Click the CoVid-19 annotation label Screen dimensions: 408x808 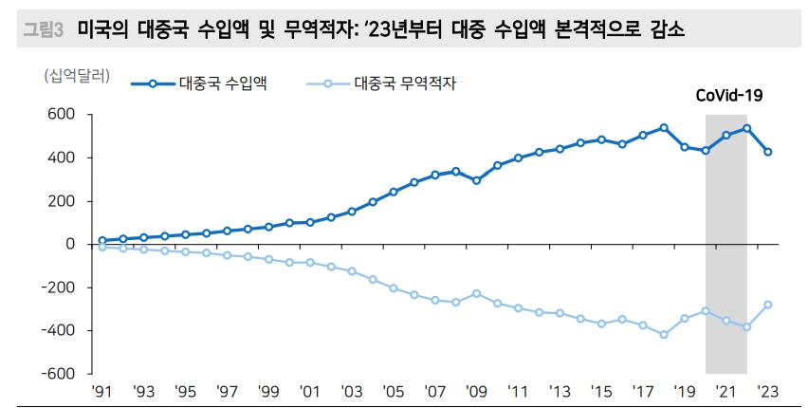point(729,95)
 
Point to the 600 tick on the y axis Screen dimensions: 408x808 point(62,115)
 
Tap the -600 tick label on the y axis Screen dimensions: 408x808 point(59,374)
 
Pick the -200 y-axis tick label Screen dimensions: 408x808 point(59,287)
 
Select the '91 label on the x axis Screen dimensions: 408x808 point(102,391)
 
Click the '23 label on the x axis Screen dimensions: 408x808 point(768,391)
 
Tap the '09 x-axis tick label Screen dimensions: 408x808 point(476,391)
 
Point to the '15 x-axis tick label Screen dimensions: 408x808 point(601,391)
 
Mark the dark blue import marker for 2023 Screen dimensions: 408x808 point(768,152)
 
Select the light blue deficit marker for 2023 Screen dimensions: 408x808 point(768,305)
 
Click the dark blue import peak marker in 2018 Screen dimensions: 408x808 point(664,127)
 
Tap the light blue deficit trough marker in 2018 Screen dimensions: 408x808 point(664,334)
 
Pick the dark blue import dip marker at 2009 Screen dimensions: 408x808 point(476,180)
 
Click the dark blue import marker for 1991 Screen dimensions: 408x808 point(102,240)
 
